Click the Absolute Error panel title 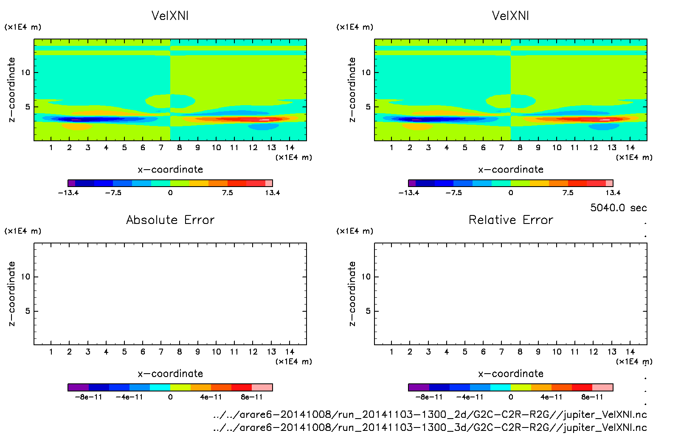point(170,220)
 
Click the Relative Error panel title point(511,220)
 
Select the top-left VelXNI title point(170,16)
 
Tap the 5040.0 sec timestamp point(618,208)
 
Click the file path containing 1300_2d point(430,414)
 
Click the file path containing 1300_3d point(430,427)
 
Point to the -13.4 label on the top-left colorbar point(68,193)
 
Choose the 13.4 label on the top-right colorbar point(613,193)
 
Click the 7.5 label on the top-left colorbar point(228,193)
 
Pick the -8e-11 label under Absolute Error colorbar point(88,397)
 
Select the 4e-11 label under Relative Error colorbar point(551,397)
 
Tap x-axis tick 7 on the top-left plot point(161,148)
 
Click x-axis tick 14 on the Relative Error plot point(630,352)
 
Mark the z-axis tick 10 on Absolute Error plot point(26,277)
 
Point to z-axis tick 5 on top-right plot point(368,107)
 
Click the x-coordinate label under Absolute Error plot point(170,374)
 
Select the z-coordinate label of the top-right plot point(352,90)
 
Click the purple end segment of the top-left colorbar point(72,183)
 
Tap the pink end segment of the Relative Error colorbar point(602,387)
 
